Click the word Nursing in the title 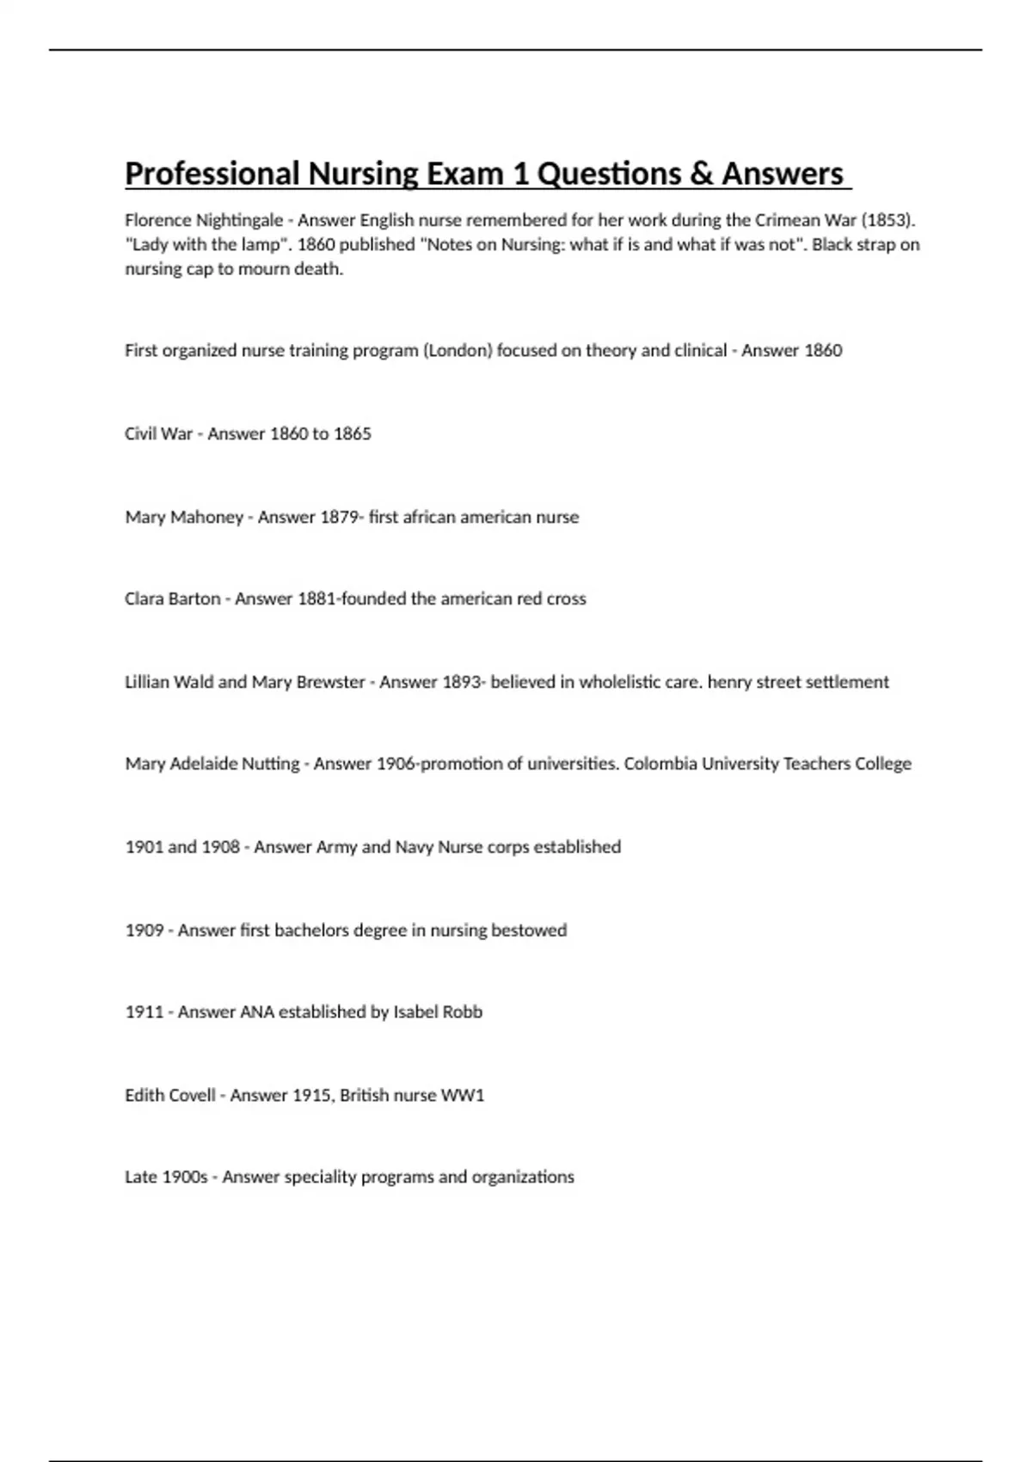point(363,174)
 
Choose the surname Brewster point(330,682)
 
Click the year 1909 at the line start point(144,931)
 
